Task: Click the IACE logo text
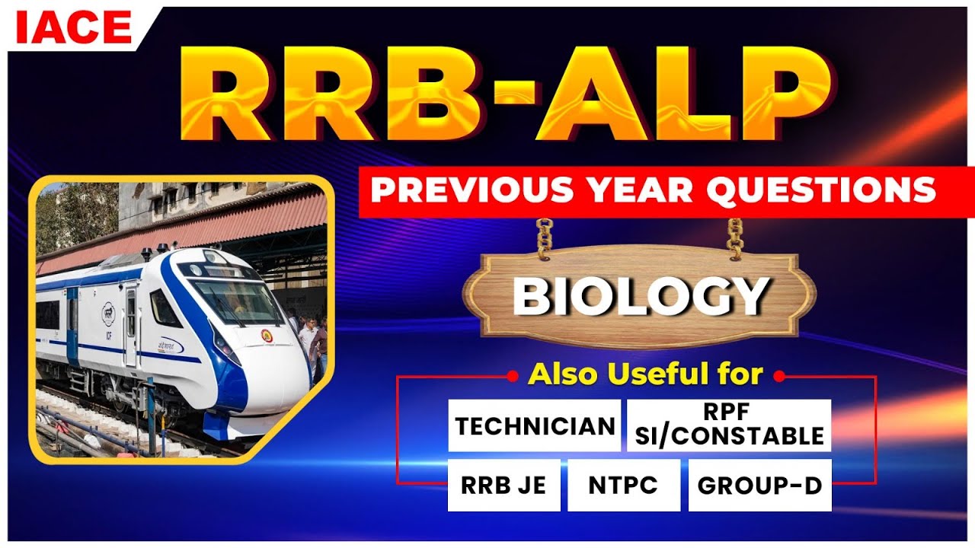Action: click(x=73, y=28)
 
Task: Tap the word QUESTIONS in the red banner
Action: click(x=820, y=191)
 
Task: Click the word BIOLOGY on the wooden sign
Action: click(x=640, y=295)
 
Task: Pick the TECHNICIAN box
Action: click(x=535, y=425)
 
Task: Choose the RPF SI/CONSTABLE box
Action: click(x=729, y=425)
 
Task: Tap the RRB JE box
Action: click(x=503, y=485)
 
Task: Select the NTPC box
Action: click(x=623, y=485)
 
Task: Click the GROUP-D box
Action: click(x=759, y=485)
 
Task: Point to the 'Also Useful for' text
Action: click(x=645, y=374)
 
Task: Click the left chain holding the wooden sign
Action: click(x=544, y=237)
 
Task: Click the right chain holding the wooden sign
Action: click(x=735, y=237)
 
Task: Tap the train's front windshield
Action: click(x=236, y=301)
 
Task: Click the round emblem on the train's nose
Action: click(x=267, y=335)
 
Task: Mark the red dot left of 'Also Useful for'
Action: click(x=513, y=375)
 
